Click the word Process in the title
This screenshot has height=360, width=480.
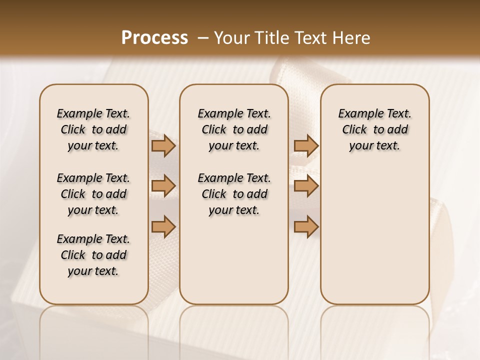(154, 38)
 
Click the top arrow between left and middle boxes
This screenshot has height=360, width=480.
(163, 145)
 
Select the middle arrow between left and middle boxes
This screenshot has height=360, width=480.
(163, 186)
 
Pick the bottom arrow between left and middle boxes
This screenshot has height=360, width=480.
(163, 226)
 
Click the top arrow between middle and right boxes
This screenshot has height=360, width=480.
(306, 145)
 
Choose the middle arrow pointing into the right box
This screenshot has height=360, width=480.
(306, 186)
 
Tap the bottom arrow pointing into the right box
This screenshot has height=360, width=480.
(306, 226)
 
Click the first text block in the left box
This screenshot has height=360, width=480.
(93, 129)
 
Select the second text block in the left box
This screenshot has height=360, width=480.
(93, 194)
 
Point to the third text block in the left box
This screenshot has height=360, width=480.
(93, 255)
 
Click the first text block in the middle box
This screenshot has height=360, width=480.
(234, 129)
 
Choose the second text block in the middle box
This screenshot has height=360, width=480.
(234, 194)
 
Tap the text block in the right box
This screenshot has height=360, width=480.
(374, 129)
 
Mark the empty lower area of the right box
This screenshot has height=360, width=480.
(374, 235)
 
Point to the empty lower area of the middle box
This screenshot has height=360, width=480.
(234, 260)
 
